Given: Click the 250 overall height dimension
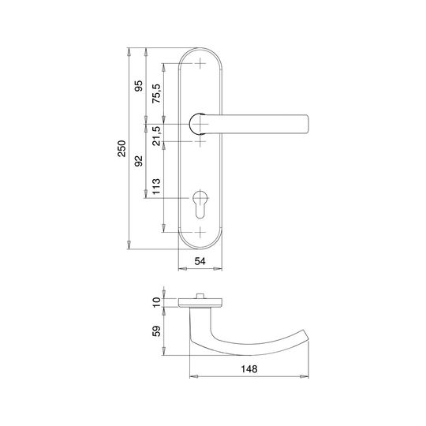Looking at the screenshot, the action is [121, 148].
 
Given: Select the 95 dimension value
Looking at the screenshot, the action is [139, 86].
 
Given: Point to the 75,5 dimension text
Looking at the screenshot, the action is [156, 94].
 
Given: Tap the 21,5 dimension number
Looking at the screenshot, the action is [156, 136].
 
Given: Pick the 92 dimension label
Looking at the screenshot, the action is [139, 161].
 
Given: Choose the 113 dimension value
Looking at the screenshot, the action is [156, 186].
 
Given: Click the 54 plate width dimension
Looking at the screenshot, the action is [200, 261].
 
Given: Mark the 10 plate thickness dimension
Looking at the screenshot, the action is [156, 302].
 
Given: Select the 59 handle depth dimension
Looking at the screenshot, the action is [156, 331].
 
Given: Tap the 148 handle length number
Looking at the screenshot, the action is [249, 369].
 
